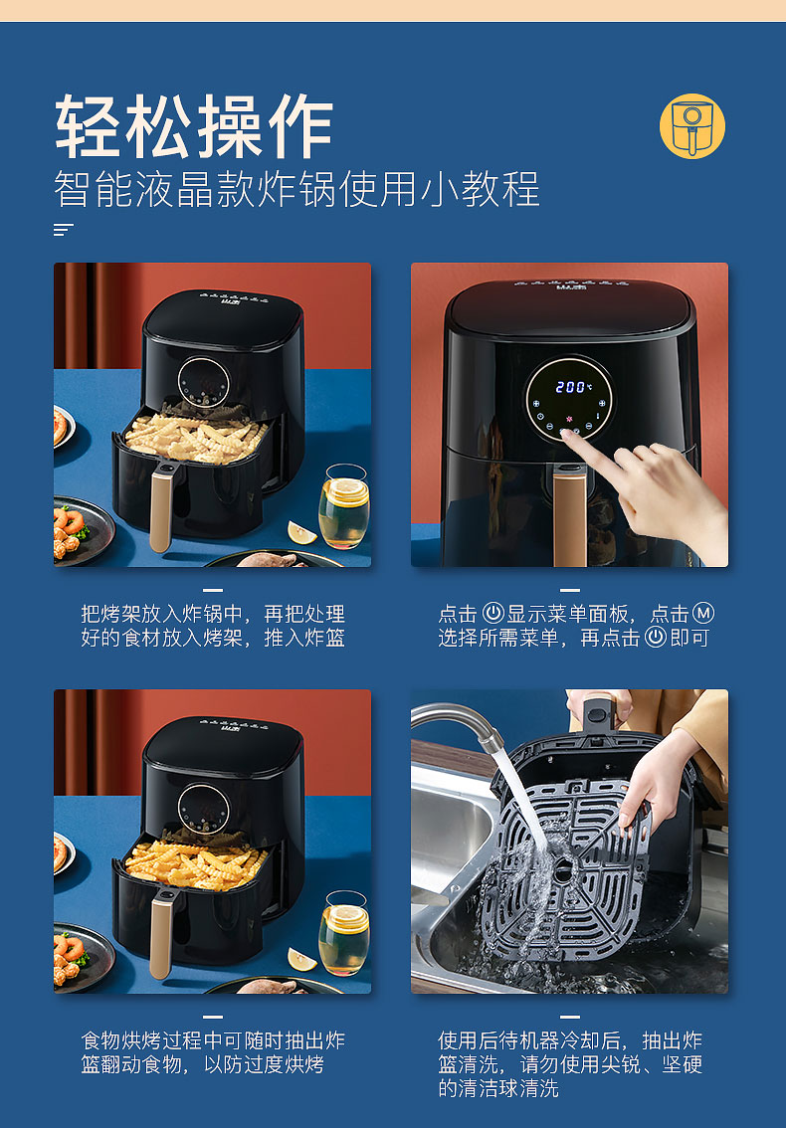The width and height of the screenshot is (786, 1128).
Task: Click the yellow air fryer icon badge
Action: click(x=692, y=126)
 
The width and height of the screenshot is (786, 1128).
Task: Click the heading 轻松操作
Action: click(x=194, y=126)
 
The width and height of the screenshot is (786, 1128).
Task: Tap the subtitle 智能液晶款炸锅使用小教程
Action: click(x=296, y=190)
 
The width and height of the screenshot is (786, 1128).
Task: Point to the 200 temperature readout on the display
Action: click(x=570, y=387)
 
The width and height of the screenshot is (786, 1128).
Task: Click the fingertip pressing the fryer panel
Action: click(x=567, y=434)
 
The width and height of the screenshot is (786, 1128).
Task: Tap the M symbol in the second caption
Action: click(x=702, y=614)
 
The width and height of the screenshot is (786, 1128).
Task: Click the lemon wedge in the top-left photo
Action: click(x=300, y=533)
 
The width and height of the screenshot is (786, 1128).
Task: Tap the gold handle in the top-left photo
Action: click(x=162, y=507)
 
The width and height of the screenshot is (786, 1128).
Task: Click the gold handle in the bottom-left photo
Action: click(x=162, y=934)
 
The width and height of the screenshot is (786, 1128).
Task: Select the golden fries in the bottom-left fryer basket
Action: click(x=196, y=864)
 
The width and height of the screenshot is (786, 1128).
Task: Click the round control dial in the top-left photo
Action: click(x=204, y=382)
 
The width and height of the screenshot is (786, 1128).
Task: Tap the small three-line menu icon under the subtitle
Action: click(x=64, y=230)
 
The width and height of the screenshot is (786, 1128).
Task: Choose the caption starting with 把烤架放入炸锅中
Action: click(x=213, y=626)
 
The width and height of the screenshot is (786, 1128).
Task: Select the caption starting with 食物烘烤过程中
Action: click(x=213, y=1052)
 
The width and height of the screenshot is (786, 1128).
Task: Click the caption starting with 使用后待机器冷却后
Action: click(x=570, y=1064)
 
